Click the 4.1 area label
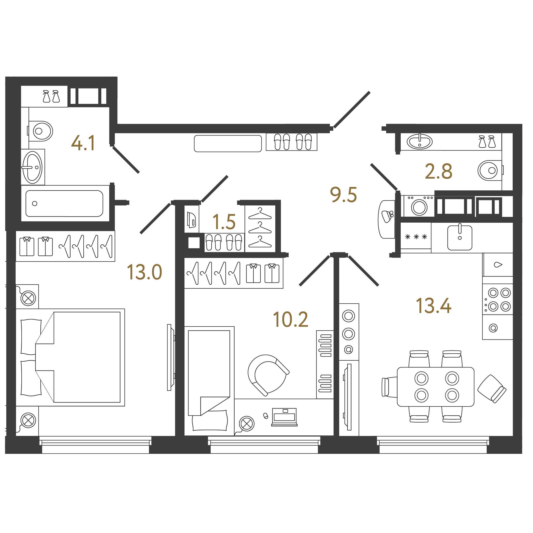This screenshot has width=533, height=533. coord(83,143)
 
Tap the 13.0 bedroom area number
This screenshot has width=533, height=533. coord(144,272)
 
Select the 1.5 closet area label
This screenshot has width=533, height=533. coord(224,222)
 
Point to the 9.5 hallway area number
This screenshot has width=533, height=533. coord(343,195)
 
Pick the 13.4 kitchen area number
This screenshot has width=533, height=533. coord(434,306)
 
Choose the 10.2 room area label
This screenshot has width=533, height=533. coord(291,320)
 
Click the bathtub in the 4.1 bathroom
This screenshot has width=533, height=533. coord(64,204)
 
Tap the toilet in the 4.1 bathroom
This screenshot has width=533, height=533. coord(41,131)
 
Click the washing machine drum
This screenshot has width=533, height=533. coord(419,207)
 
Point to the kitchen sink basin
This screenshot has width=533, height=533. coord(460,238)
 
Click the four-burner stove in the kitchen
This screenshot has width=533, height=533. coord(498,299)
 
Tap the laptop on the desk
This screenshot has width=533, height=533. coord(284,417)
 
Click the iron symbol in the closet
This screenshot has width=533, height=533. coord(191,220)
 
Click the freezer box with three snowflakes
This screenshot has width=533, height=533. coord(416,237)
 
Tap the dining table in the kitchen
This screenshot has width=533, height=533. coord(436,387)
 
